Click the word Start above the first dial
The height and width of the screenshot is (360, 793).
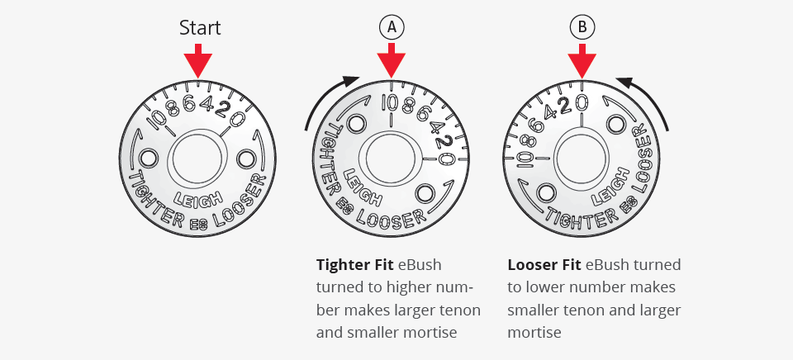(200, 28)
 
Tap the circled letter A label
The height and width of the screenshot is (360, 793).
(392, 27)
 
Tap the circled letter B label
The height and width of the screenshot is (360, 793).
(582, 27)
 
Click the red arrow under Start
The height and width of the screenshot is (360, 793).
(197, 60)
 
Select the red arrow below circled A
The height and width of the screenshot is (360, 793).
(391, 60)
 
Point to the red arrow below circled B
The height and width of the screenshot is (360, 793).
(582, 60)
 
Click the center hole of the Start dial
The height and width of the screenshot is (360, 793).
(197, 159)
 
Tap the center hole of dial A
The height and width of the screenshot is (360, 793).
(391, 159)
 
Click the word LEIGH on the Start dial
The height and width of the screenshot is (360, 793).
(197, 199)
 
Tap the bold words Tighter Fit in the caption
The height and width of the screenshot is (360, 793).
(354, 265)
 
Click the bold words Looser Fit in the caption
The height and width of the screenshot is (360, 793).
(544, 265)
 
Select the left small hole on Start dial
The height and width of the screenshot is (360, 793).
(148, 159)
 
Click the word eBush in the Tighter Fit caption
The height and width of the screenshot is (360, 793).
(420, 265)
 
